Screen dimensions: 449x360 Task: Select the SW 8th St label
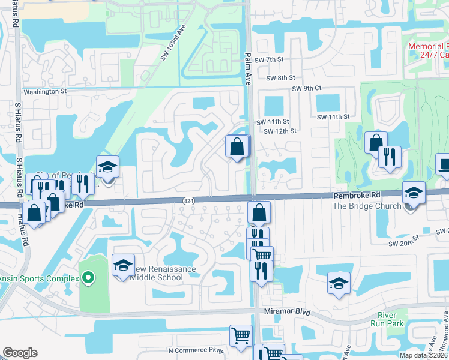coord(281,77)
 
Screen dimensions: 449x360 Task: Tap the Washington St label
coord(44,92)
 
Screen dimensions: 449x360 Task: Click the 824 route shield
coord(188,200)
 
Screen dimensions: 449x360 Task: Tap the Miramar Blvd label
coord(288,313)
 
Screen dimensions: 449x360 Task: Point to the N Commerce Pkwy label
coord(196,350)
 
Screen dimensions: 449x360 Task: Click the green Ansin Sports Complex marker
coord(88,278)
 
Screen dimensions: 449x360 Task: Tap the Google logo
coord(20,353)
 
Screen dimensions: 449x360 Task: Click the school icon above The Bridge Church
coord(414,192)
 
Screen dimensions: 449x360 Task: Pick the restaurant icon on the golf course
coord(390,157)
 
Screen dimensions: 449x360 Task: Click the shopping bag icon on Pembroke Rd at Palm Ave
coord(259,212)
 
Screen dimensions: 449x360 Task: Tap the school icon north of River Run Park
coord(339,283)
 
